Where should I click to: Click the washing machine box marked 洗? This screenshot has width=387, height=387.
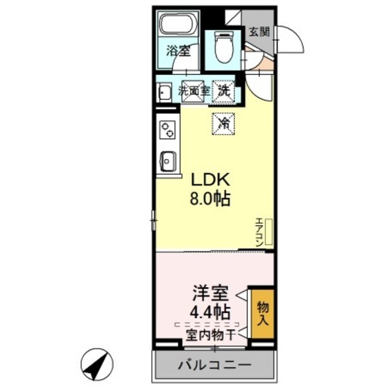tap(224, 91)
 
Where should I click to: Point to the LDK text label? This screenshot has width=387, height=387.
tap(211, 180)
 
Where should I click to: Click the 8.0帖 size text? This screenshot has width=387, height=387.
tap(211, 199)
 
